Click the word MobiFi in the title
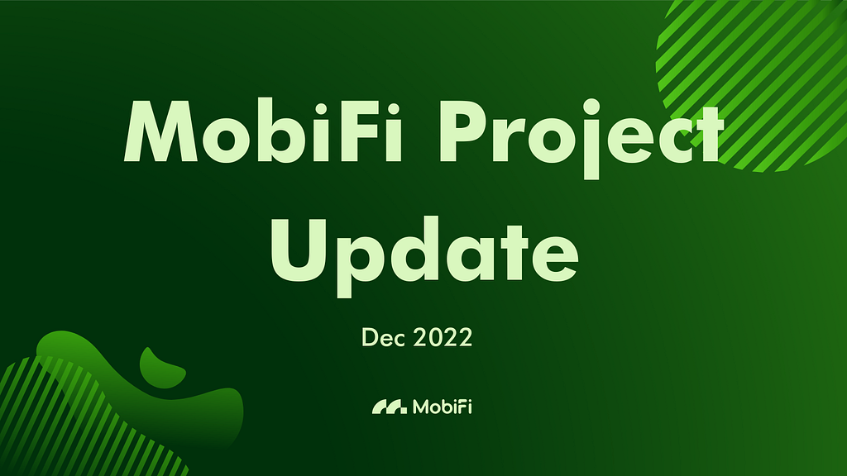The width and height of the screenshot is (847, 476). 263,131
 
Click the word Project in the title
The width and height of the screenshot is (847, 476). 581,139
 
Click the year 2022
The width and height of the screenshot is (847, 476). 443,338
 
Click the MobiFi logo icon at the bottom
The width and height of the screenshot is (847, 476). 390,407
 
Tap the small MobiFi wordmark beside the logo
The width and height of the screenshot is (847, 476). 443,407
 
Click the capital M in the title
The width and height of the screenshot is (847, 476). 161,131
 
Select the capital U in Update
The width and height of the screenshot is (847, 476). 299,250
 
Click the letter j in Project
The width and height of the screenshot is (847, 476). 591,139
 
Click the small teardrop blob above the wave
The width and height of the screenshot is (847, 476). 161,368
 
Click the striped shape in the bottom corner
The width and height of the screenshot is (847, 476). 81,421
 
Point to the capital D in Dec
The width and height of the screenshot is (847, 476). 370,338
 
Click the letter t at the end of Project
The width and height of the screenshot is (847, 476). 706,136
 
